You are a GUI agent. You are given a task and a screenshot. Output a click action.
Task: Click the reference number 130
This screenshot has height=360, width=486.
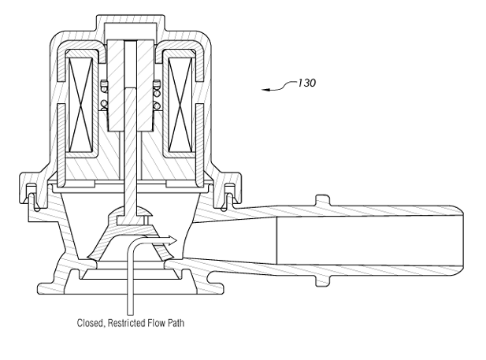[x=307, y=83]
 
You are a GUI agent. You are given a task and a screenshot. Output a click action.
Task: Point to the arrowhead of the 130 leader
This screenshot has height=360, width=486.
[x=266, y=91]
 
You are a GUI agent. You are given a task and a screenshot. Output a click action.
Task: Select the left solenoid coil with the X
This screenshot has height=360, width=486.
[x=80, y=106]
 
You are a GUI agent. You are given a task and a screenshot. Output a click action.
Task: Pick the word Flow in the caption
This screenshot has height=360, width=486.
[x=158, y=321]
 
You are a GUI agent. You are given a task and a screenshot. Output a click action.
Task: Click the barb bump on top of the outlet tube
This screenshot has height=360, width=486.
[x=322, y=200]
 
